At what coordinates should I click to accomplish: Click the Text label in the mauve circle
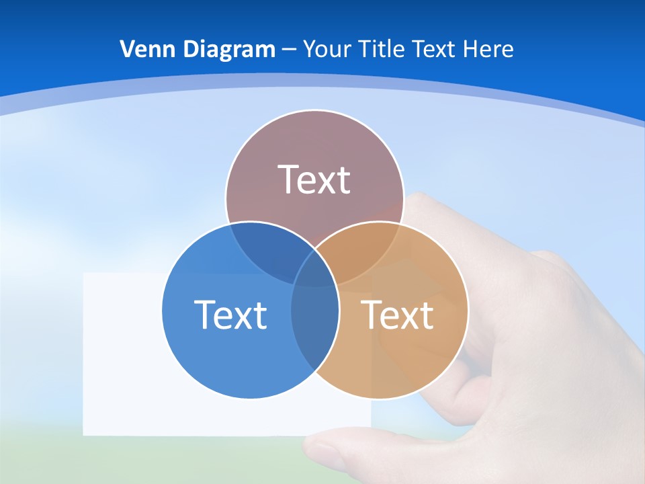pyautogui.click(x=314, y=179)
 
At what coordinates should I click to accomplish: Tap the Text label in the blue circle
pyautogui.click(x=230, y=314)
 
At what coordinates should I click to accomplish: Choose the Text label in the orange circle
pyautogui.click(x=397, y=314)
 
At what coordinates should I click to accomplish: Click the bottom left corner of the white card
pyautogui.click(x=85, y=433)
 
